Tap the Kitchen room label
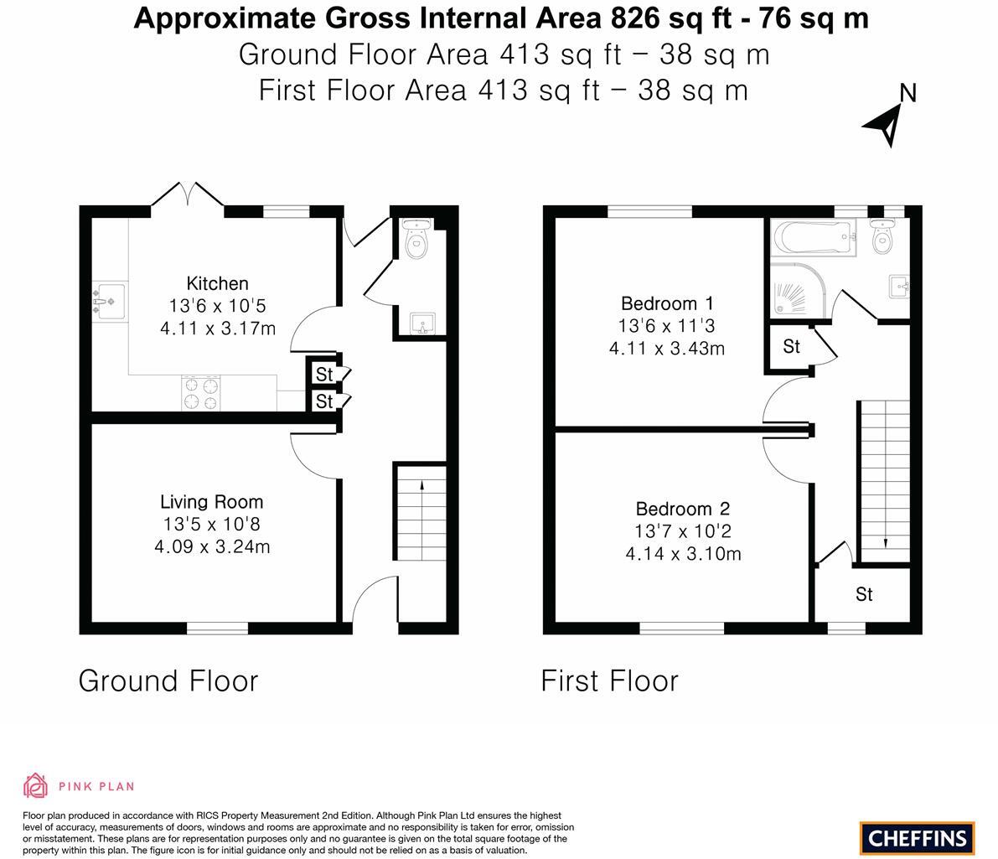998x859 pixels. pos(217,283)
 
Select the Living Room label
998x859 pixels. pos(211,502)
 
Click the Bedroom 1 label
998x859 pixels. pos(667,303)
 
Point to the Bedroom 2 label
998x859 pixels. pos(682,509)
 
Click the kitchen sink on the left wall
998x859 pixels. pos(109,301)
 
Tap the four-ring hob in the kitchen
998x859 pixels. pos(201,394)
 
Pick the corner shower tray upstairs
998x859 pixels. pos(796,292)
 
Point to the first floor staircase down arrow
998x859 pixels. pos(885,542)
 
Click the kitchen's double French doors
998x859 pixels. pos(188,194)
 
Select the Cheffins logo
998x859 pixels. pos(917,837)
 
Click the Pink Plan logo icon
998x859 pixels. pos(35,786)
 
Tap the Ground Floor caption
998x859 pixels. pos(168,680)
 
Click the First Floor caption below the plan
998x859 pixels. pos(609,680)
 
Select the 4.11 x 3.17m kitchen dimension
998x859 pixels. pos(217,329)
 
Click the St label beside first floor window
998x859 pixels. pos(864,594)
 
